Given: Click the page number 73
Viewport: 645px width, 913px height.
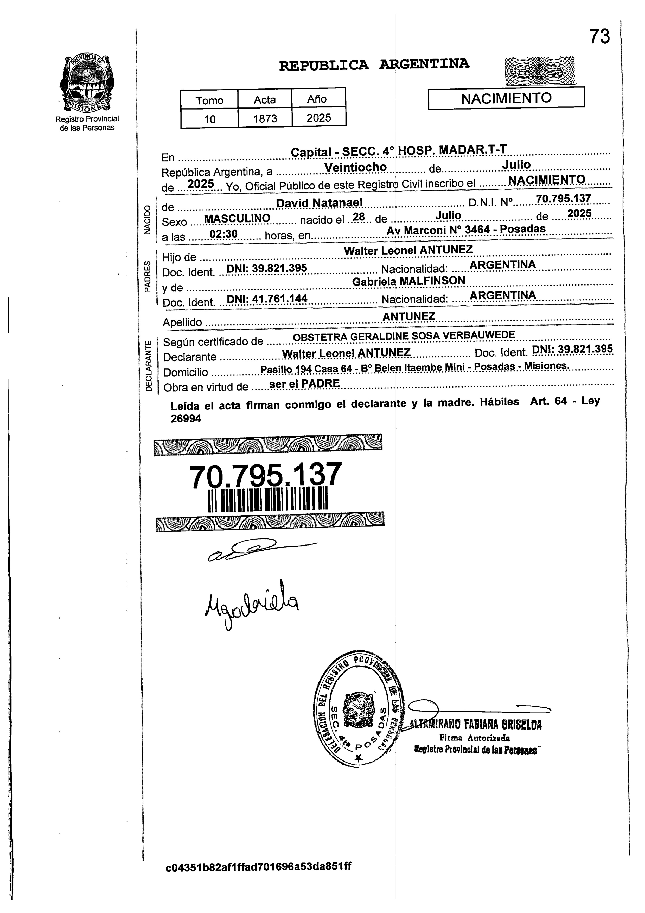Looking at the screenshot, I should tap(599, 37).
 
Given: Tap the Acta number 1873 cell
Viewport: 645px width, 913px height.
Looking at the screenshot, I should tap(265, 118).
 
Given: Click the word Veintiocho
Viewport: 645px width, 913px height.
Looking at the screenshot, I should tap(355, 167).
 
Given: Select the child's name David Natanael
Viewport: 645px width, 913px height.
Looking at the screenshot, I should tap(319, 203).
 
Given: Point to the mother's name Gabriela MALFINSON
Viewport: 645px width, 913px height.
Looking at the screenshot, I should tap(408, 281).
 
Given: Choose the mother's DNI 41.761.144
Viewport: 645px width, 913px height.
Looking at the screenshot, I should tap(267, 298).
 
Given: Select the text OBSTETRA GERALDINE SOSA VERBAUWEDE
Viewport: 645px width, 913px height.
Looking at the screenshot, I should tap(404, 336).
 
